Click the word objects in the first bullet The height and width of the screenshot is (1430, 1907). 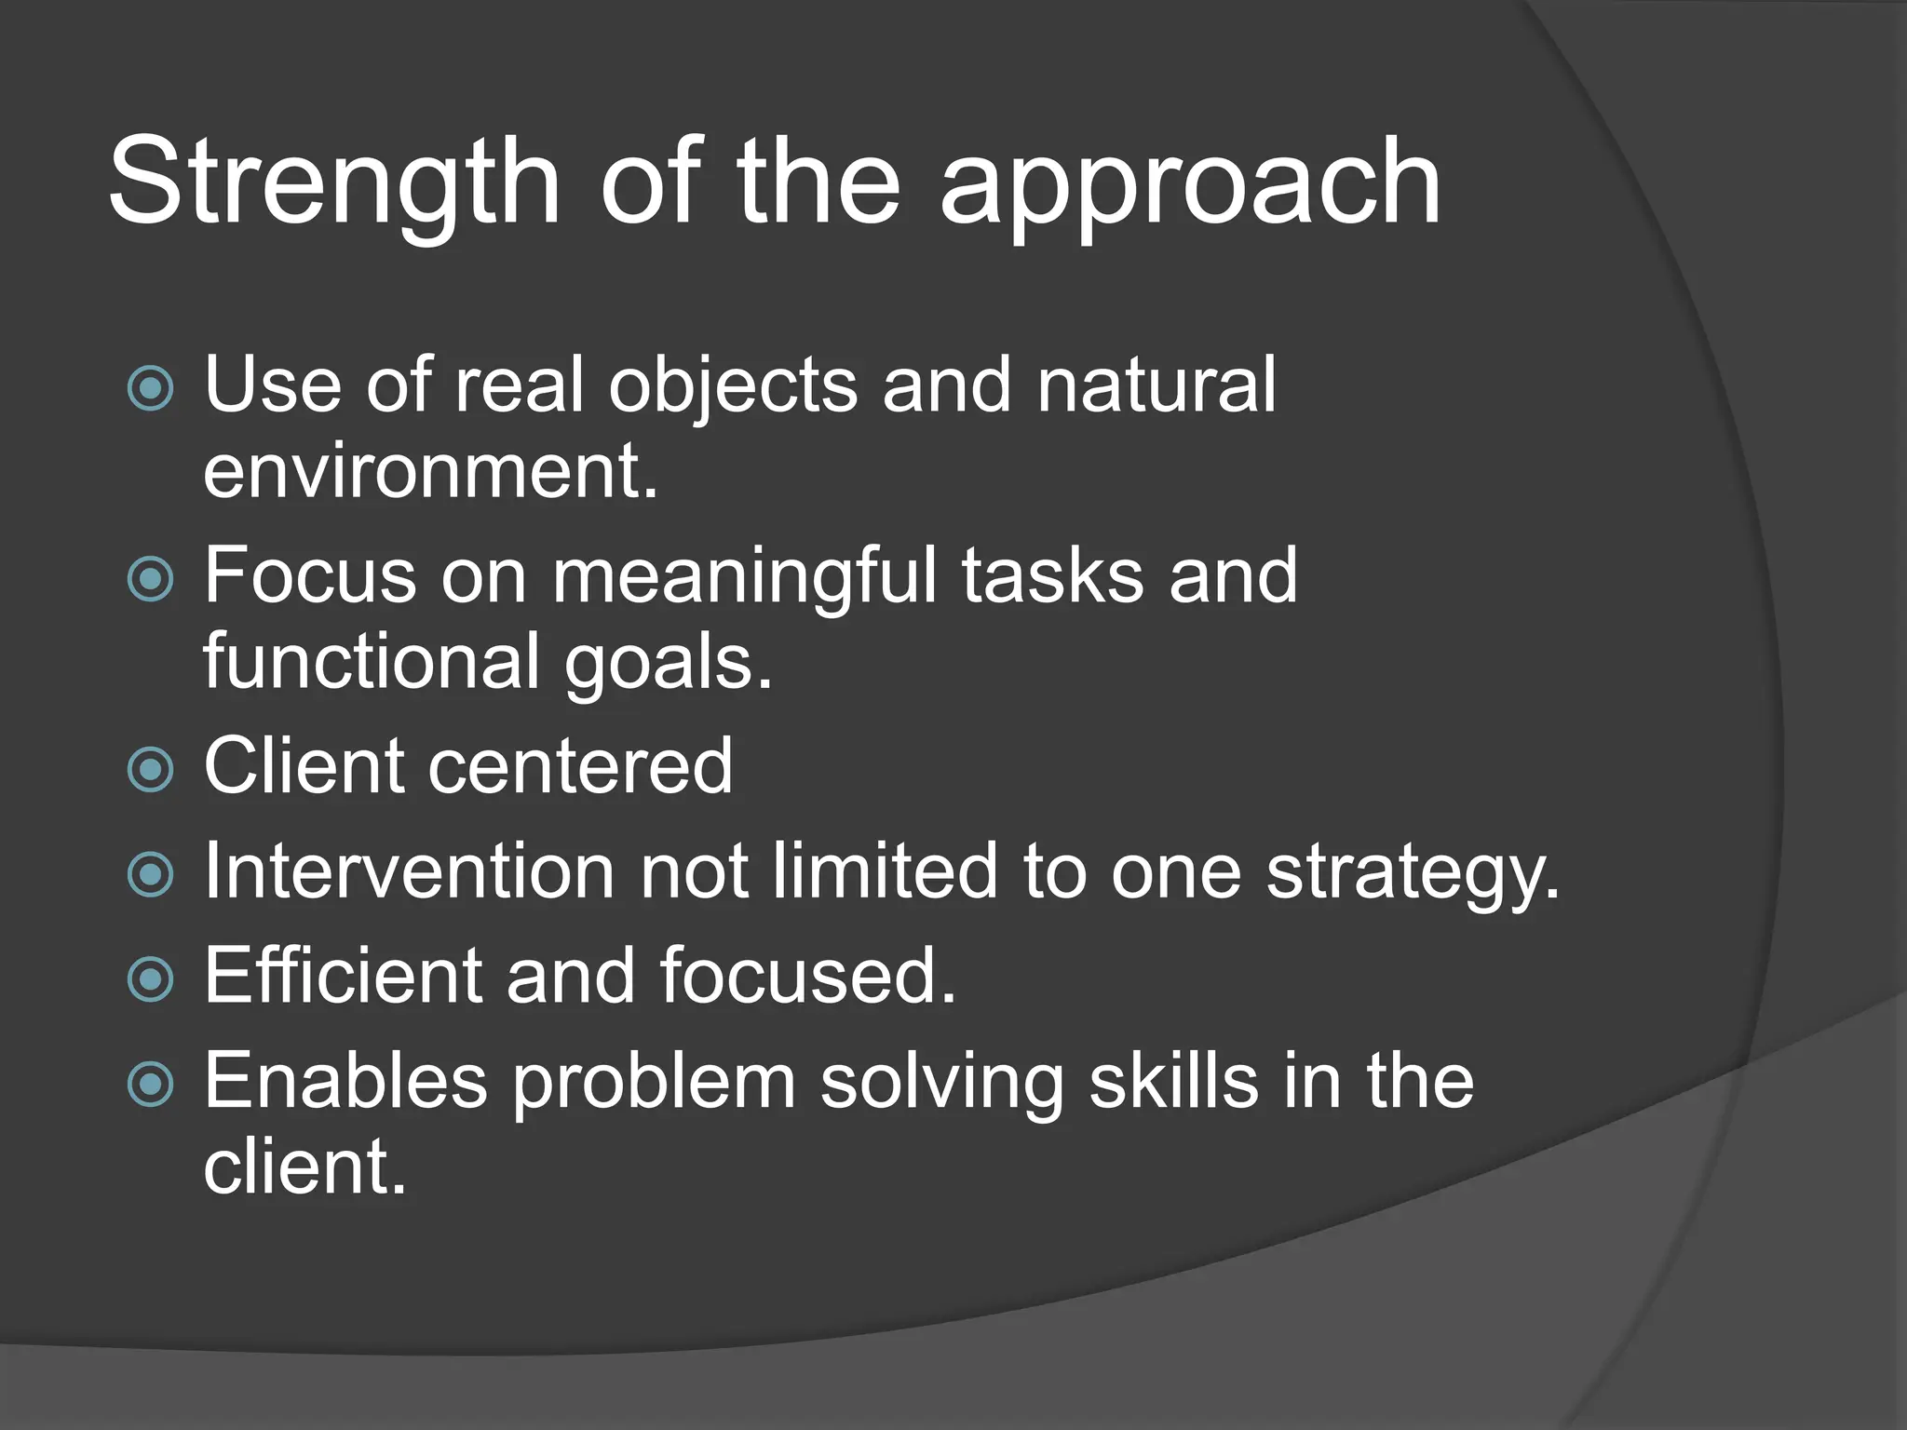point(732,386)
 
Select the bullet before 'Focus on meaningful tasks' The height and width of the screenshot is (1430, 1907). point(150,579)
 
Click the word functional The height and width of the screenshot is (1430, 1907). point(372,661)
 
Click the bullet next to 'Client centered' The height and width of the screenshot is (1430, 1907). point(150,769)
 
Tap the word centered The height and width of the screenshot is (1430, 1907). point(580,766)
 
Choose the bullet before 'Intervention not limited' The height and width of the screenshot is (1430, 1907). point(150,874)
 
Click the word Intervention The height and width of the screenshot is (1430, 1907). point(409,871)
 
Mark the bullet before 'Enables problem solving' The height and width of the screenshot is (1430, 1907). point(150,1084)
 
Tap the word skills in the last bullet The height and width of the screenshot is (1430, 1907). point(1173,1081)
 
